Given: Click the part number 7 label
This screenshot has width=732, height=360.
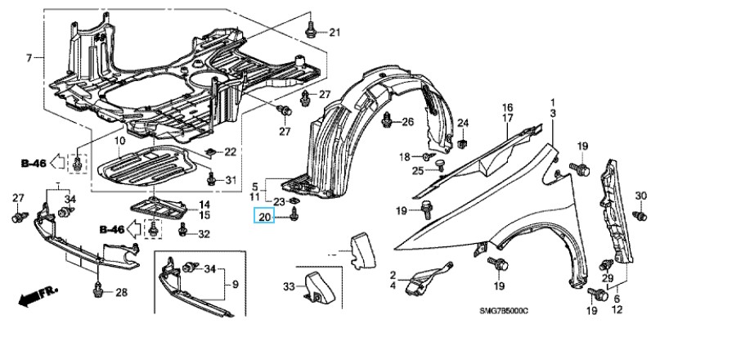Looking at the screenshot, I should point(29,58).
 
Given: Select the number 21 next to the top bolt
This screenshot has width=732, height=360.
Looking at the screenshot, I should point(334,32).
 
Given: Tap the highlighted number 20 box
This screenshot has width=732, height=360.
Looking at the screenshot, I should point(264,217).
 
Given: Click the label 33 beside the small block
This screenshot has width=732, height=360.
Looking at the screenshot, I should point(288,286).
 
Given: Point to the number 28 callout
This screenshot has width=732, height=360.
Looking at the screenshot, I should point(121,292).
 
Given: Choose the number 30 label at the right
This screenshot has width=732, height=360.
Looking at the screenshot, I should point(641,195).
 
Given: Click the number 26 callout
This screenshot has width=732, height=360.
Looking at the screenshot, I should point(408,122).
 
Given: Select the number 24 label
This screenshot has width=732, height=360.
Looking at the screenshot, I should point(462,124).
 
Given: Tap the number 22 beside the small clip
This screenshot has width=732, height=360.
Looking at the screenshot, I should point(230,151).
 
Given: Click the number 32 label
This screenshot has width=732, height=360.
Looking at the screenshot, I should point(204,234).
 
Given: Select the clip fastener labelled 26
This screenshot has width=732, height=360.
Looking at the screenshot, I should point(388,122).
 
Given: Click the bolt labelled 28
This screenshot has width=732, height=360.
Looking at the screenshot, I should point(99,288).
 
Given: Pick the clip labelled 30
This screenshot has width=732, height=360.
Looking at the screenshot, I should point(640,214).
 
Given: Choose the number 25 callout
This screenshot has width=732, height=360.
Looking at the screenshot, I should point(417,170).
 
